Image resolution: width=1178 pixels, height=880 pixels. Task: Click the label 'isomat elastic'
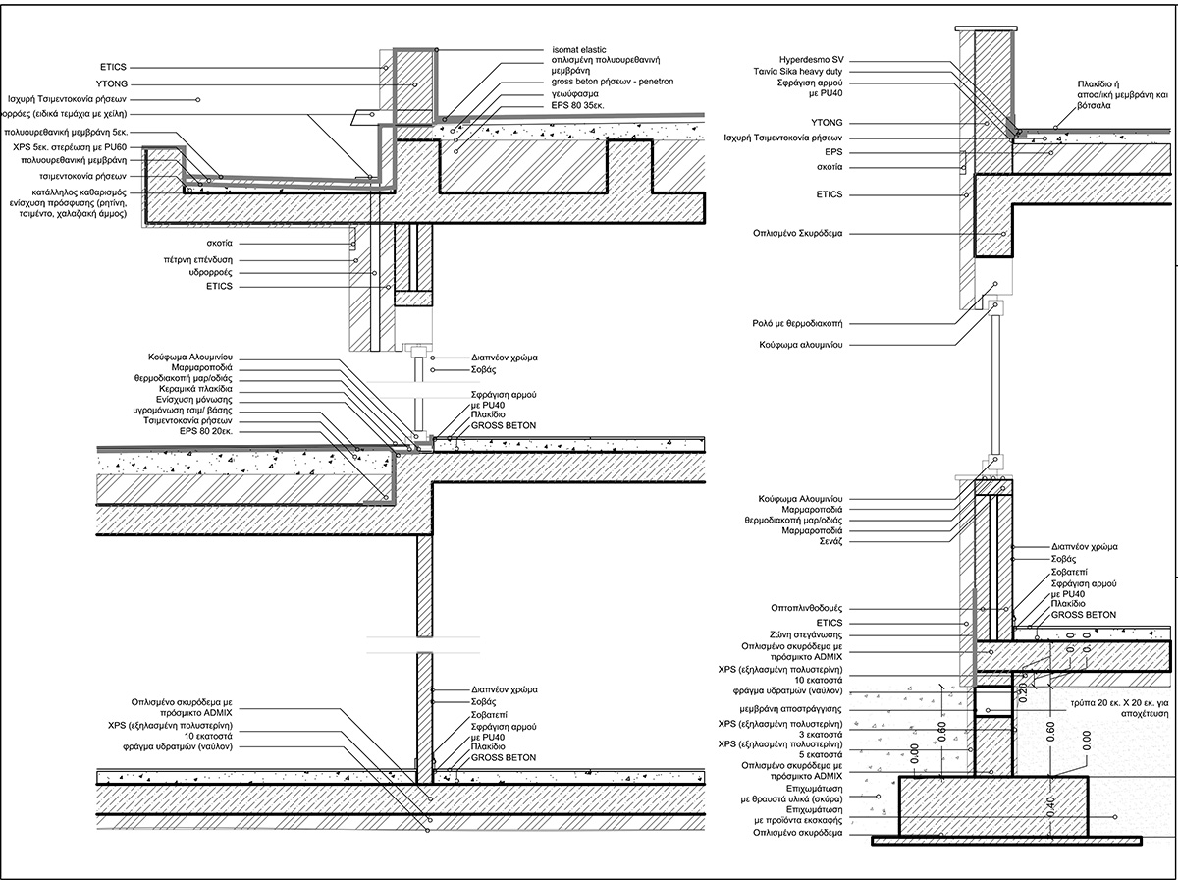pos(578,50)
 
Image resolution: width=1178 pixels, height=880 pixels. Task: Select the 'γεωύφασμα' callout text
pos(575,94)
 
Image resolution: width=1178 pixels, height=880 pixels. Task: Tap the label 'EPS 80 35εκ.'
pos(578,106)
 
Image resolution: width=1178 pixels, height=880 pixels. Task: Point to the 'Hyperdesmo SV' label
pos(811,60)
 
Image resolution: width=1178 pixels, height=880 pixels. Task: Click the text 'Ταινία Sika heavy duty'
pos(798,72)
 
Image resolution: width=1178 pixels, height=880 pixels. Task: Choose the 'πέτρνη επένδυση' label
pos(198,260)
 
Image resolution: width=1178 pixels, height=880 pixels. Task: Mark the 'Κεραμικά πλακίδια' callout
pos(196,389)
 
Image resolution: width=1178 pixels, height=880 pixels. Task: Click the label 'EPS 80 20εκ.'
pos(206,431)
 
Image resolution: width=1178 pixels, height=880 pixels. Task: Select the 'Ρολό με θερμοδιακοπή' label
pos(797,324)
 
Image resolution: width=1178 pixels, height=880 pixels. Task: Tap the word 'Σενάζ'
pos(830,541)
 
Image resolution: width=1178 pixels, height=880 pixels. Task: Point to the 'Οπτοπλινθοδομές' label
pos(807,608)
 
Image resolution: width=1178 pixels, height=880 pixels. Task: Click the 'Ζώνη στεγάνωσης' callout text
pos(806,635)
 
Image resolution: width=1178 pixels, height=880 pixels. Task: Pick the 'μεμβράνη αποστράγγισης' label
pos(791,709)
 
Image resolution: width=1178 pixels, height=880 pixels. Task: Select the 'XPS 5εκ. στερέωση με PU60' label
pos(70,147)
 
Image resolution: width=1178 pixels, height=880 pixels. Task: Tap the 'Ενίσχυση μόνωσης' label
pos(194,400)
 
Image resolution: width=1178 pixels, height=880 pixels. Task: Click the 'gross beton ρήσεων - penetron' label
pos(613,82)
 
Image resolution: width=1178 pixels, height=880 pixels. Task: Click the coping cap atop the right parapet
pos(986,27)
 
